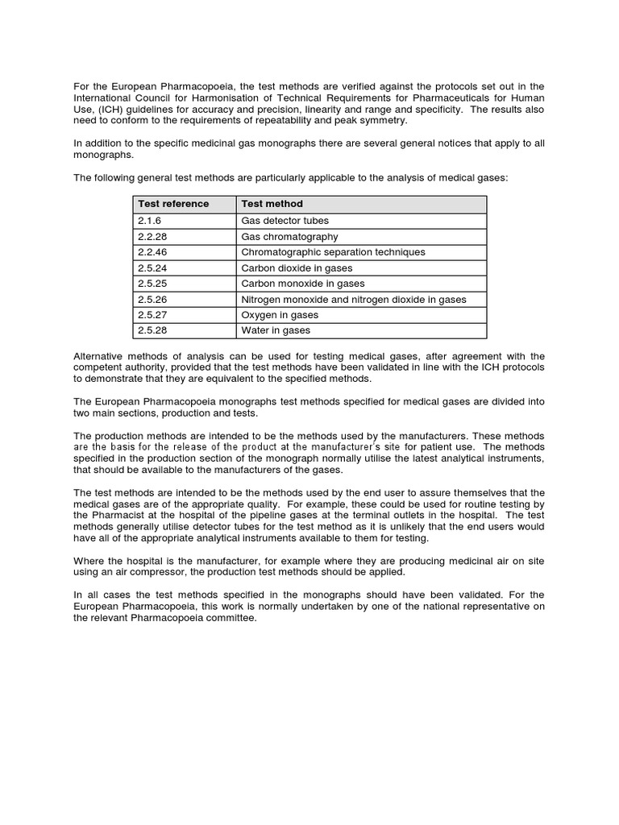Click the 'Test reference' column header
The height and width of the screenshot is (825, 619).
[173, 204]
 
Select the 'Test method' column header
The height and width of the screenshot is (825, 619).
[272, 204]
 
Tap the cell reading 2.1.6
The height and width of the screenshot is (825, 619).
[150, 221]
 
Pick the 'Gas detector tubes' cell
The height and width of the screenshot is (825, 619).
[285, 221]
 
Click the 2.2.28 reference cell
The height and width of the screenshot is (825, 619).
[152, 237]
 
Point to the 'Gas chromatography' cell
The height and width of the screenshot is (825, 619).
[289, 237]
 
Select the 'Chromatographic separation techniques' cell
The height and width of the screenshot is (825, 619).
[333, 252]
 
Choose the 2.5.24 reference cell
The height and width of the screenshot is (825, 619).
[152, 268]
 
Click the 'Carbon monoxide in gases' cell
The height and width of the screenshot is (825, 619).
[303, 284]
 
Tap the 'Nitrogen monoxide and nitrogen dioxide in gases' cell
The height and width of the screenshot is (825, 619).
[354, 300]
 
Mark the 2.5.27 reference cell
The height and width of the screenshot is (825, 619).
[152, 315]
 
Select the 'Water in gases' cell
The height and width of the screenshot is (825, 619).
[276, 330]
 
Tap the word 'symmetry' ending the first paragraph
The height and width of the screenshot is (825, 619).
[385, 121]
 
